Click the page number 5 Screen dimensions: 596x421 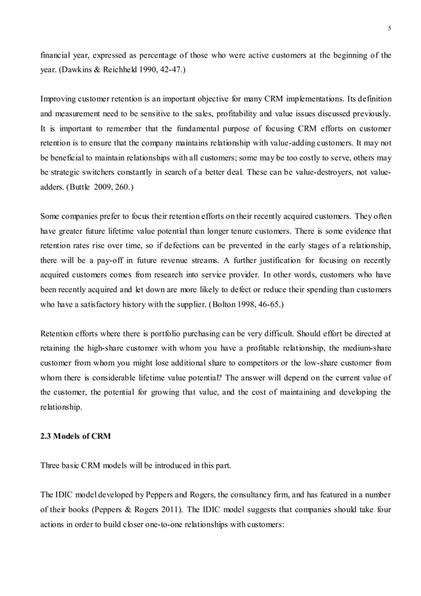[x=389, y=28]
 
